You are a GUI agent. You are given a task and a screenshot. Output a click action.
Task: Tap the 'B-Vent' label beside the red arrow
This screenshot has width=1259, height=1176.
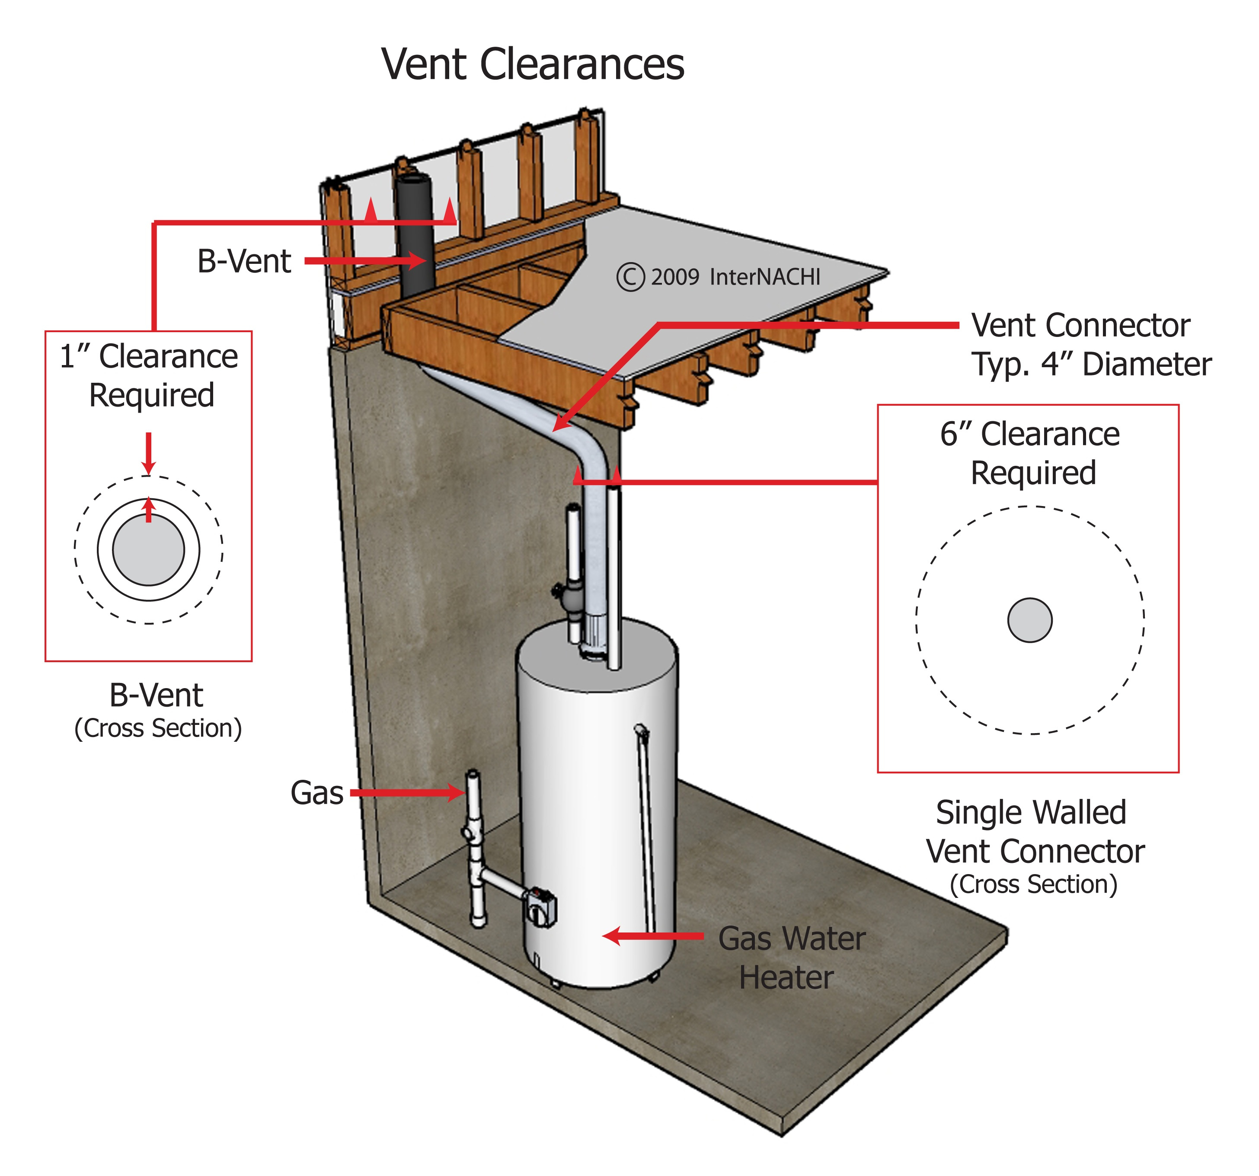pyautogui.click(x=244, y=261)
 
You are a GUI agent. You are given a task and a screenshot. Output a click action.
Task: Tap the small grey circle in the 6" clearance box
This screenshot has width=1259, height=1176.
pyautogui.click(x=1030, y=620)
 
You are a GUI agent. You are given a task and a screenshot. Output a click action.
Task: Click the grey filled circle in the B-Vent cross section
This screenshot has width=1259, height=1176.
pyautogui.click(x=148, y=549)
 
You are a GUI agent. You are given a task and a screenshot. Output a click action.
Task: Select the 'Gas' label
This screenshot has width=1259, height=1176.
pyautogui.click(x=316, y=793)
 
